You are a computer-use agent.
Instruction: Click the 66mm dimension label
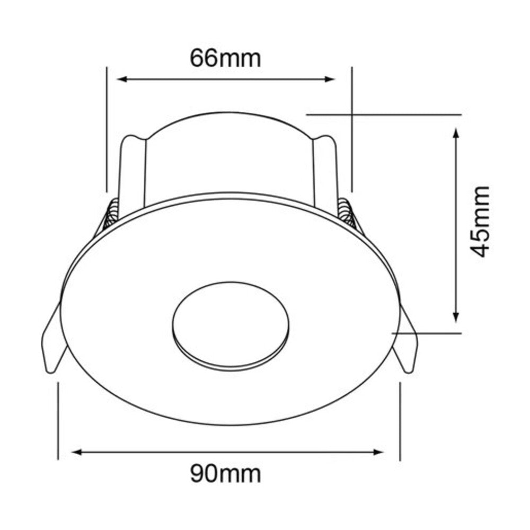226,58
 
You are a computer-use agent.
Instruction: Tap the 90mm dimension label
226,473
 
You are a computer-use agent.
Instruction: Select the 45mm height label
481,221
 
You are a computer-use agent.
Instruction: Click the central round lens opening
231,323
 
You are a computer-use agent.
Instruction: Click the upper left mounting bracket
132,170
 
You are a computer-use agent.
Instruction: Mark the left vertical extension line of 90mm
57,419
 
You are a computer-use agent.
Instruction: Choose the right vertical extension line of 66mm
351,127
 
